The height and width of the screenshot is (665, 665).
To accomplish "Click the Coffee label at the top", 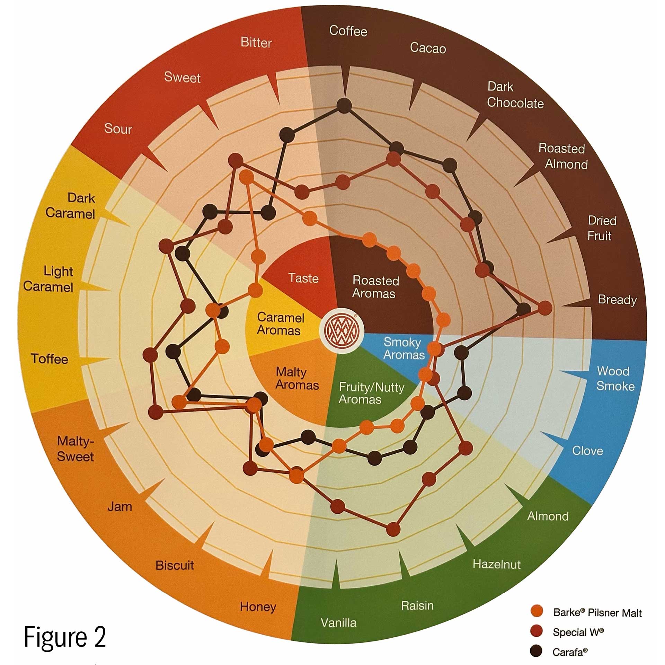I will coord(348,31).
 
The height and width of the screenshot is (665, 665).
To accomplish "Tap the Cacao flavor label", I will coord(428,48).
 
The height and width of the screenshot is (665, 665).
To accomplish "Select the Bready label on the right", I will coord(617,300).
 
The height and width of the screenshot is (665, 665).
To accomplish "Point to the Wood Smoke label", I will coord(614,378).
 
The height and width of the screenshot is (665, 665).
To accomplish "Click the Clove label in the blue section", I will coord(587,451).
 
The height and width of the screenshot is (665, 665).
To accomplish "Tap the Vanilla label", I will coord(338,622).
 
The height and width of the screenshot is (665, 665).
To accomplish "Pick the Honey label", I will coord(258,606).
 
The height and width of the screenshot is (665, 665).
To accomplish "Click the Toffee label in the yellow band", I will coord(50,359).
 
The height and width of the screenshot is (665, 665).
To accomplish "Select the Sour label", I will coord(118,129).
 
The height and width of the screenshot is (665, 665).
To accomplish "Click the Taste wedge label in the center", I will coord(303,278).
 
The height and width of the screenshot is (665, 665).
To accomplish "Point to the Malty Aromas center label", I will coord(297,379).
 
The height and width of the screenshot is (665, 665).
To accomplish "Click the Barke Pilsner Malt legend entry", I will coord(597,613).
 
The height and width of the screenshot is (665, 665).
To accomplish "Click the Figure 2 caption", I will coord(65,637).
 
